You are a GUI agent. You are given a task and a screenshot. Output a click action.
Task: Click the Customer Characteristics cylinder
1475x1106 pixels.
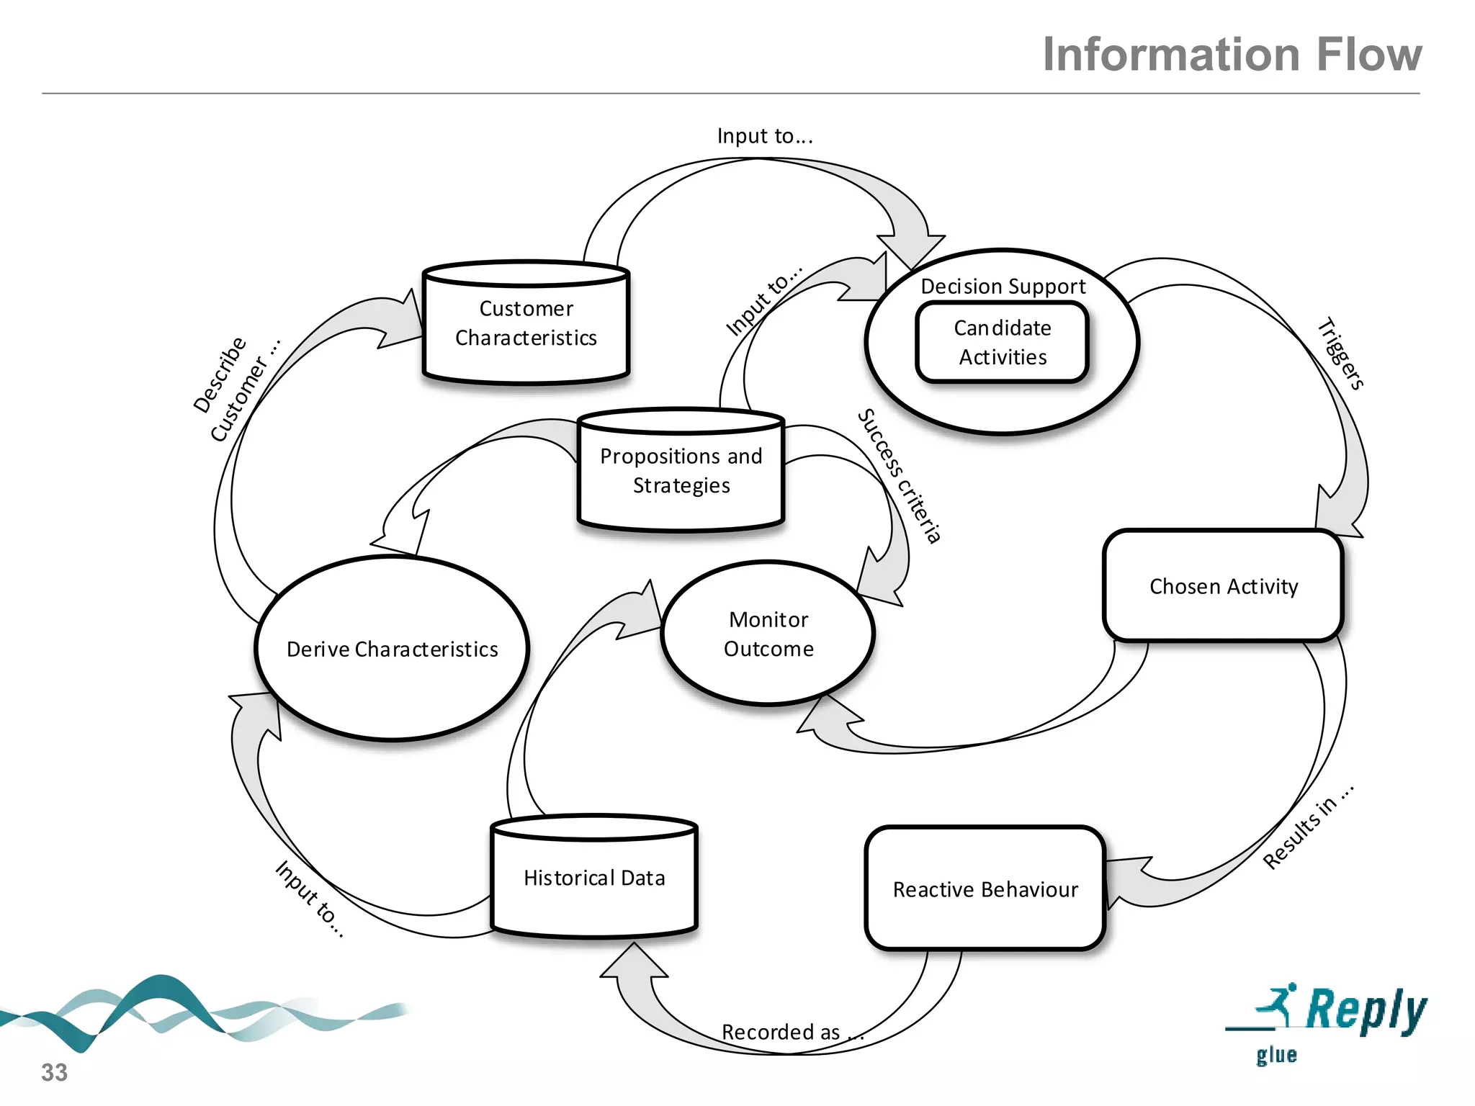coord(526,323)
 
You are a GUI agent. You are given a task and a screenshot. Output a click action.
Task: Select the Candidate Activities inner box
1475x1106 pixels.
coord(1002,343)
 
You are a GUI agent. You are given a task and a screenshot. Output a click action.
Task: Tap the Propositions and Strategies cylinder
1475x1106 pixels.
coord(681,471)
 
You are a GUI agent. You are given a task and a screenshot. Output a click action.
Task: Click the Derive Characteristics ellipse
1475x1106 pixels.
coord(392,649)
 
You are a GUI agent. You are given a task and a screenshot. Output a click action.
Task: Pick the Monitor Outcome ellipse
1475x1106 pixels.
coord(768,634)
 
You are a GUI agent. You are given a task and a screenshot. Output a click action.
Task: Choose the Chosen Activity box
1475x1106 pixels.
coord(1223,586)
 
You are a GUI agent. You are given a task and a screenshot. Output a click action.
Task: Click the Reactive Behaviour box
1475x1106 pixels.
coord(985,889)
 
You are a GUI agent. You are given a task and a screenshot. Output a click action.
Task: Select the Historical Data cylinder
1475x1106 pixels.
coord(594,878)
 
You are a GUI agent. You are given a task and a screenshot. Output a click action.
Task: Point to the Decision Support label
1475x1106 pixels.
coord(1003,287)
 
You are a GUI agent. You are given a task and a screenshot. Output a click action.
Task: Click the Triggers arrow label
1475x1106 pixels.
coord(1340,354)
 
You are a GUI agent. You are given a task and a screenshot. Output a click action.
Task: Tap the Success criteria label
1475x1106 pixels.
coord(900,476)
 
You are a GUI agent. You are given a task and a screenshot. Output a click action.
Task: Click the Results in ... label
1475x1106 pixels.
coord(1308,827)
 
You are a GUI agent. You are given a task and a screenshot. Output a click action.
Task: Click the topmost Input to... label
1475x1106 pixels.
coord(765,136)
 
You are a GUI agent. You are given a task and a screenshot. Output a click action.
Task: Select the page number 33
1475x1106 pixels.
coord(54,1072)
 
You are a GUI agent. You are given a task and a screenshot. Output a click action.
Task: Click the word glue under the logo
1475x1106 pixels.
coord(1276,1055)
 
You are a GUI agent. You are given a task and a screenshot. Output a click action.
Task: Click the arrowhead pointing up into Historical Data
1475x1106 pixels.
coord(634,961)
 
